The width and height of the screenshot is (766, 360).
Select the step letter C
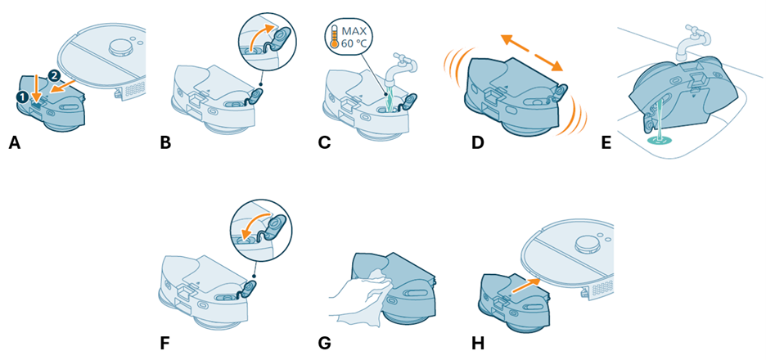(323, 144)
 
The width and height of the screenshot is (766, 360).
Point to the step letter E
(606, 144)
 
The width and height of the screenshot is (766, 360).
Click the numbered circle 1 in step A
(22, 97)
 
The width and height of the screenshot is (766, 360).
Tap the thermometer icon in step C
(335, 37)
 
